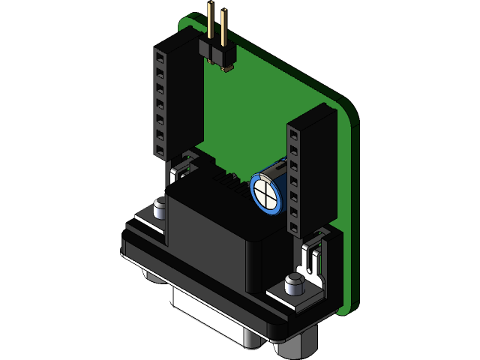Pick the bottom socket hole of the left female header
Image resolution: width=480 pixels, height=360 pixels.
click(160, 149)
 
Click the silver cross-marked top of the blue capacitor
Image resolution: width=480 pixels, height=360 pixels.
click(265, 193)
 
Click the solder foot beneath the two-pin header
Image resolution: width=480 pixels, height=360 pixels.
click(228, 69)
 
